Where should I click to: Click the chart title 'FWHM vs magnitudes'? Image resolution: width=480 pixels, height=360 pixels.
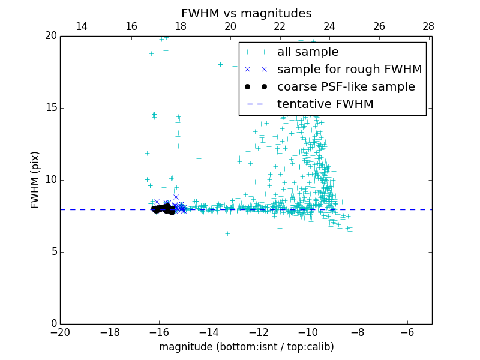[x=246, y=13]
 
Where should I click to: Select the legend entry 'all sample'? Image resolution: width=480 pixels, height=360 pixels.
[x=308, y=52]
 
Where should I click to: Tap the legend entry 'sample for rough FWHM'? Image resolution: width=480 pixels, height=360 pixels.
[x=349, y=70]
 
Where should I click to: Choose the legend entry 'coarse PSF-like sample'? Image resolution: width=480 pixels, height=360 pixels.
[x=346, y=87]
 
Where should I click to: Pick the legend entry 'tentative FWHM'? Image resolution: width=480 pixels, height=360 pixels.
[x=325, y=104]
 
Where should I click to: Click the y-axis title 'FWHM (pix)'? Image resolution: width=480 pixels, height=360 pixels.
[x=35, y=180]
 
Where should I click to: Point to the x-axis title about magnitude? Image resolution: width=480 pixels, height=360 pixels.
[x=246, y=347]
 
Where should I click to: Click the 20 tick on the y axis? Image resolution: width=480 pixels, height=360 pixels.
[x=50, y=36]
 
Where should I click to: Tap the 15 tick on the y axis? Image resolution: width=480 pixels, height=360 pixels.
[x=50, y=108]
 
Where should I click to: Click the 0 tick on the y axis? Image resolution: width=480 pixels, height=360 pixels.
[x=53, y=324]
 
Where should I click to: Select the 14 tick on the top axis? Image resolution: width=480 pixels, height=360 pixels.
[x=81, y=26]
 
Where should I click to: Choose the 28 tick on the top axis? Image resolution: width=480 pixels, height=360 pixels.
[x=428, y=26]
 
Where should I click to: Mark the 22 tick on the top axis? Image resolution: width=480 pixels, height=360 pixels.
[x=280, y=26]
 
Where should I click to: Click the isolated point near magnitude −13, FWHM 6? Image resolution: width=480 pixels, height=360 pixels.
[x=227, y=233]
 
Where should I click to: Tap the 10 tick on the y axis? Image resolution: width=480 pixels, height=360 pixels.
[x=50, y=180]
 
